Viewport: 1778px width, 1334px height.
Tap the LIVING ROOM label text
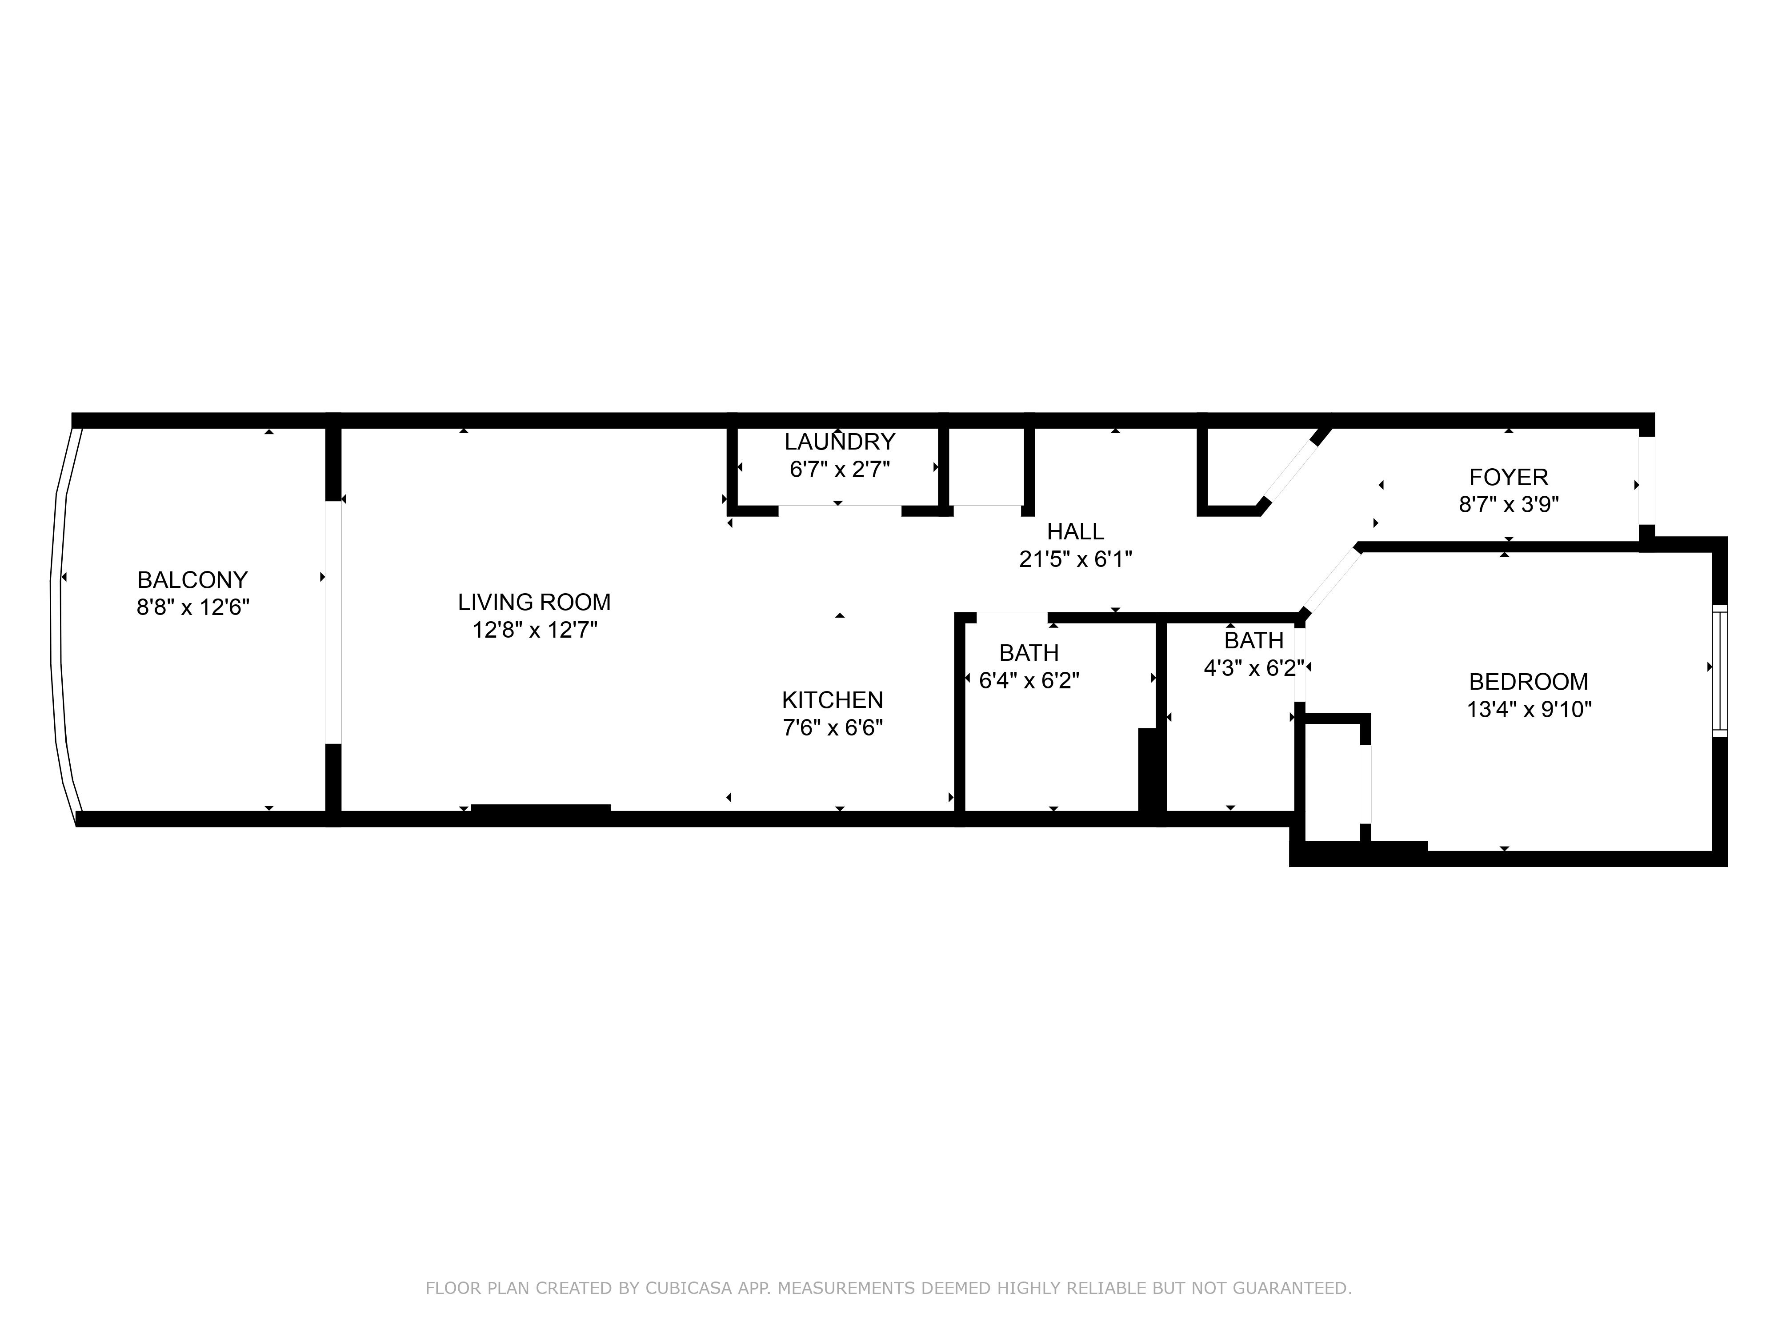535,602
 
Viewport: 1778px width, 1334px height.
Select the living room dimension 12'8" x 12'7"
535,630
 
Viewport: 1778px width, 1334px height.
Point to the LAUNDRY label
840,442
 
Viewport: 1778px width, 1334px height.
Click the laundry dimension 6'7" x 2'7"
840,469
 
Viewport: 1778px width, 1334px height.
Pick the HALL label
1076,531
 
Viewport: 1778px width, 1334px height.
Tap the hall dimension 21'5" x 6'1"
1076,559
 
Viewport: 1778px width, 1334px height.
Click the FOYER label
1509,478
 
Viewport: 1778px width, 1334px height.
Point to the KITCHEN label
833,699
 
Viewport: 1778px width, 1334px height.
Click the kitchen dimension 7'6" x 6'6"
833,728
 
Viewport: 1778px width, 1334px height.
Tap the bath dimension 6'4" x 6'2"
1029,680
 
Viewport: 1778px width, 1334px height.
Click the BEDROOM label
1529,682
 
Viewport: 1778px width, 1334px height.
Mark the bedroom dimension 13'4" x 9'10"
1529,709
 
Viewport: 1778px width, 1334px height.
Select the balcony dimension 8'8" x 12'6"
193,607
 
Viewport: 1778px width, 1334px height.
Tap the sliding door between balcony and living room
333,623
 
